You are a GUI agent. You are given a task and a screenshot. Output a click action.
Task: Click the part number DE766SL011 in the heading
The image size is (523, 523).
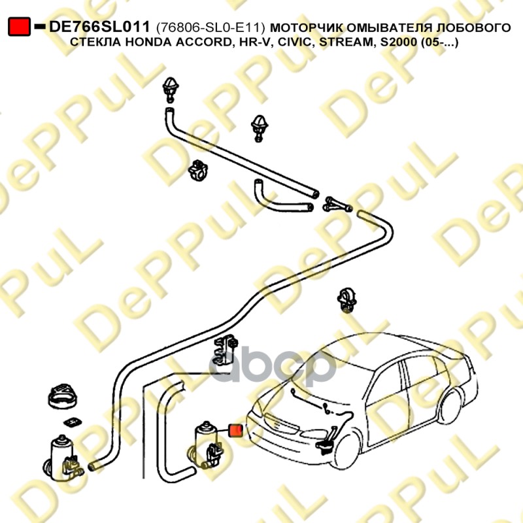pos(100,27)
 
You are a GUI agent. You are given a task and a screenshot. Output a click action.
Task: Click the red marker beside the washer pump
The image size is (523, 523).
pos(235,430)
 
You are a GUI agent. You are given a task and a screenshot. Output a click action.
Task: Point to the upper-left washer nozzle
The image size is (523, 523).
pos(172,89)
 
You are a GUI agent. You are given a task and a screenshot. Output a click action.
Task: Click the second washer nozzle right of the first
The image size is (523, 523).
pos(258,126)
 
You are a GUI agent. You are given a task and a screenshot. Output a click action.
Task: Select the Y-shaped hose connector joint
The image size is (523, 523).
pos(337,204)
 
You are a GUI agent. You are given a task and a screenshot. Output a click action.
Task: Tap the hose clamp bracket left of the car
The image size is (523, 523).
pos(226,348)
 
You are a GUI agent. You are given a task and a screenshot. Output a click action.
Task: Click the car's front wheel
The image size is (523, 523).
pos(348,447)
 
